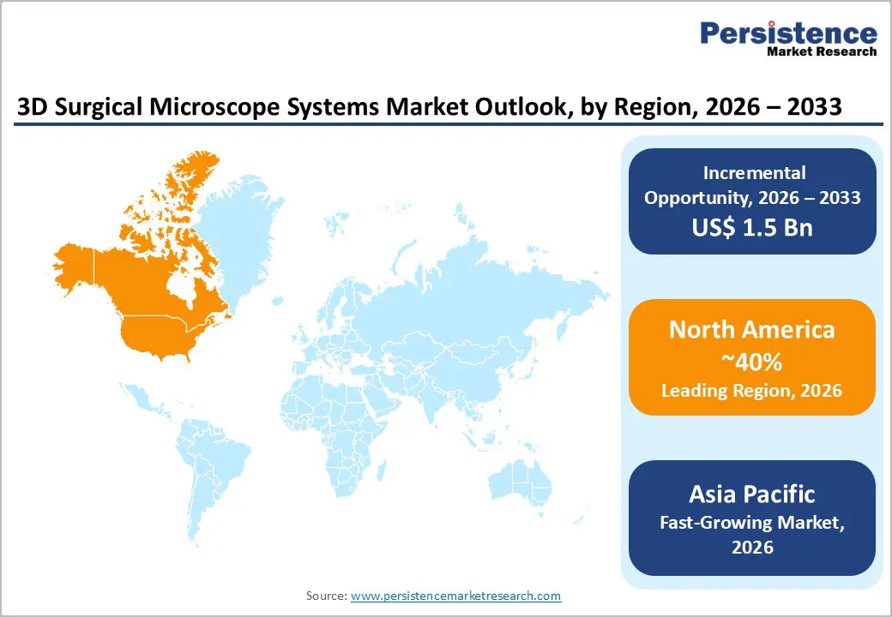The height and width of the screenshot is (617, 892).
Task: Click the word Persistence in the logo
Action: [x=788, y=33]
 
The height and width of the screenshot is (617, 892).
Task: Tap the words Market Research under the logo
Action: [x=821, y=52]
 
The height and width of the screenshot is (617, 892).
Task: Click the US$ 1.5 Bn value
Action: [x=752, y=228]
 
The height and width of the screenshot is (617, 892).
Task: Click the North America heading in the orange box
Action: [x=752, y=330]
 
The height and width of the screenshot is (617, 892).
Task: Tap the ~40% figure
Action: [x=752, y=362]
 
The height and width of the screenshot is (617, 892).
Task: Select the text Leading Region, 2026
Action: [x=752, y=391]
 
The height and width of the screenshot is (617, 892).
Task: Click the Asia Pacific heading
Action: [x=752, y=494]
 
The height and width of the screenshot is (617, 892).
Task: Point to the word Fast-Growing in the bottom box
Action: [x=713, y=522]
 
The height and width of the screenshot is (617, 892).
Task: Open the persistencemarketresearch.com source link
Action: [x=455, y=595]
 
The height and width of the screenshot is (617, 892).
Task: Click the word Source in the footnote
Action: [x=326, y=595]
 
